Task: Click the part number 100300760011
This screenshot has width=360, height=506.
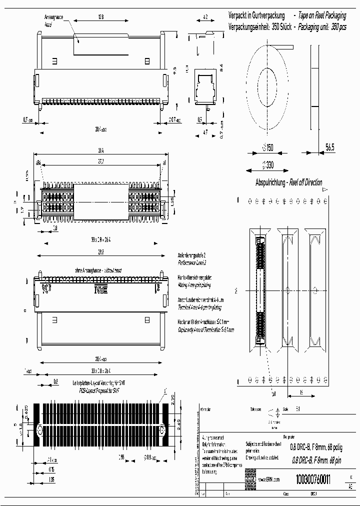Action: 313,479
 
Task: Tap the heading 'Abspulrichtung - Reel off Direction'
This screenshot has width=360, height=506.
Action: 288,182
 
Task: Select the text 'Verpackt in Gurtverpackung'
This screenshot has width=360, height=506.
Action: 256,16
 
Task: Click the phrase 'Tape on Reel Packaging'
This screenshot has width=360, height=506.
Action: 322,16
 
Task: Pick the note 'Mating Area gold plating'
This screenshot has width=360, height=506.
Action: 194,285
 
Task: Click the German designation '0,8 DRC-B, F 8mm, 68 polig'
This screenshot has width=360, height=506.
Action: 317,447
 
